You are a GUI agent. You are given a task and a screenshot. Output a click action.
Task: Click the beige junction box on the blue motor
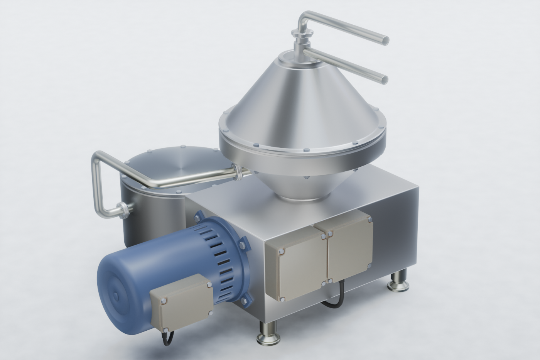[181, 303]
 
